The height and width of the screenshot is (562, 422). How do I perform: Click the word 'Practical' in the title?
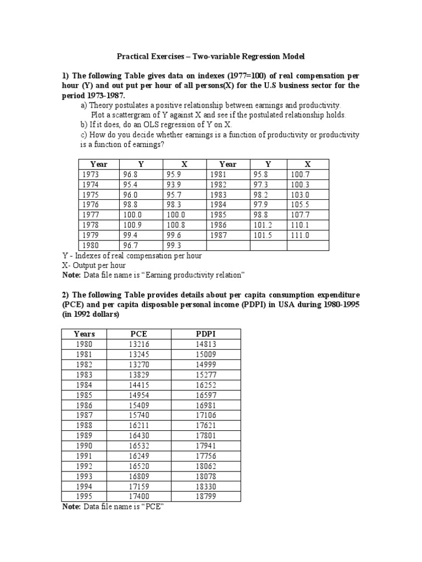coord(134,57)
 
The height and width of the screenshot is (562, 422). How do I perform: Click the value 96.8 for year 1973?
coord(130,174)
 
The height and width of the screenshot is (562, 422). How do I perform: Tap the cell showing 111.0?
coord(300,235)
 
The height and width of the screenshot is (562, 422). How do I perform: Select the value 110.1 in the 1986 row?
coord(300,225)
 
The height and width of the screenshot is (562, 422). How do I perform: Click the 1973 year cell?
coord(91,174)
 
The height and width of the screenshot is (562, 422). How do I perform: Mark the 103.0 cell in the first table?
coord(300,194)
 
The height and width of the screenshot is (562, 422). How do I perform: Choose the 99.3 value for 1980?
coord(174,245)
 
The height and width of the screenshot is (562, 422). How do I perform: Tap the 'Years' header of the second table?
coord(84,334)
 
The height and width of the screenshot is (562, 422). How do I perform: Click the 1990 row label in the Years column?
coord(84,445)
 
